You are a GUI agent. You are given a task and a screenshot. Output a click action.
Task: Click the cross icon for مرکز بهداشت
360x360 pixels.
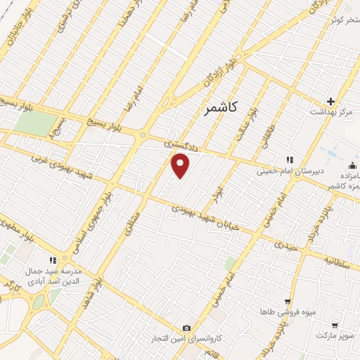coord(330,101)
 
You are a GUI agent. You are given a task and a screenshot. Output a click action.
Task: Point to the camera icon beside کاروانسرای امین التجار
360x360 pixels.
coord(186,328)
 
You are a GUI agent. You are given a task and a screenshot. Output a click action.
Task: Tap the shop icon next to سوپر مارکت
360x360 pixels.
coord(334,326)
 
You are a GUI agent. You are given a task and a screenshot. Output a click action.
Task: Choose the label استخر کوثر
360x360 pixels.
coord(343,19)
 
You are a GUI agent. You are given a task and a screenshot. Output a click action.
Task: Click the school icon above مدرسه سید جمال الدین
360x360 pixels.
coord(52,260)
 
